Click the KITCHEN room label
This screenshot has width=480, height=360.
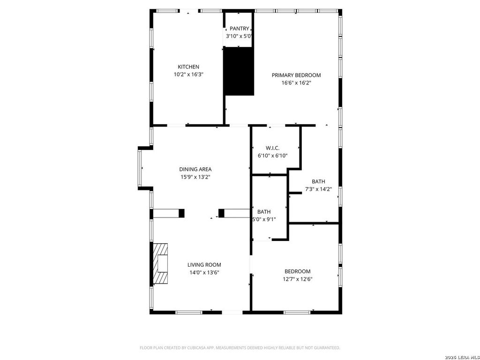click(x=188, y=67)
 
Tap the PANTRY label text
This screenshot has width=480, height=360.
click(x=240, y=29)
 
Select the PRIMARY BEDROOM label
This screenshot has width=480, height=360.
click(x=296, y=75)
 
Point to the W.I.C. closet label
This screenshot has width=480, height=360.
click(x=272, y=148)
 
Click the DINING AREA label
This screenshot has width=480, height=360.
click(x=195, y=169)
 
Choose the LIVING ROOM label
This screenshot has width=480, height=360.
click(x=204, y=265)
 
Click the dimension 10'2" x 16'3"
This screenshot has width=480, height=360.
click(x=188, y=74)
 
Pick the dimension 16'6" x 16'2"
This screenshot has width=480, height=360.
click(x=296, y=82)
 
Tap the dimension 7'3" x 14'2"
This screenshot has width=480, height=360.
click(x=318, y=189)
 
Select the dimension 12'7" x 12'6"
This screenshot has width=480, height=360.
click(x=298, y=279)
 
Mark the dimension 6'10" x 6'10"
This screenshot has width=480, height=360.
click(x=272, y=156)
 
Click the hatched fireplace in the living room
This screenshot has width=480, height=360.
click(x=160, y=263)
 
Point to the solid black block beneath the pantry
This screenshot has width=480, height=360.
click(x=239, y=71)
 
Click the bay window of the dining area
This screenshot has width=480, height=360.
click(x=140, y=168)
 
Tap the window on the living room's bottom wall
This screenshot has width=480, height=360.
click(x=188, y=312)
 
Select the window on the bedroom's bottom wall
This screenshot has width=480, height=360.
click(x=297, y=312)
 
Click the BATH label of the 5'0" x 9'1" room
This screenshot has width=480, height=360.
click(x=264, y=212)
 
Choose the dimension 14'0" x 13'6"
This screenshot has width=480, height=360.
click(x=204, y=272)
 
